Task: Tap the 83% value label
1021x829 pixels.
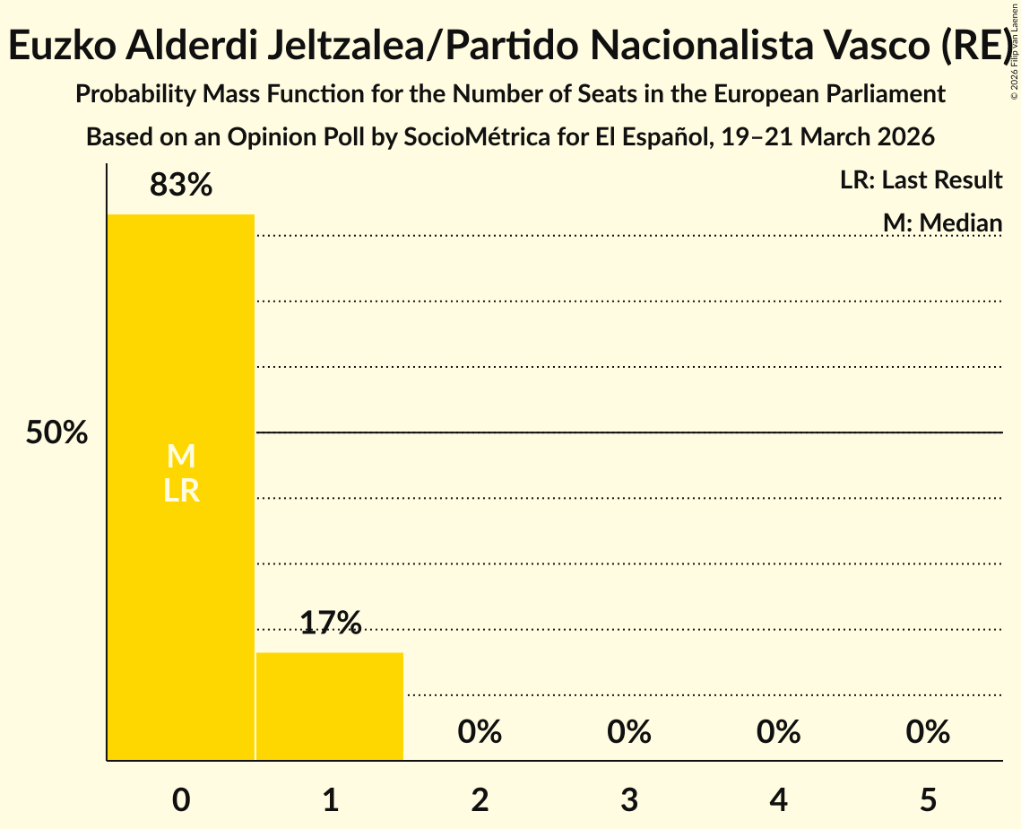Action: click(181, 186)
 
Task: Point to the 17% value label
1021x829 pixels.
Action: click(330, 623)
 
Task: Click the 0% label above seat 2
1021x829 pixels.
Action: click(480, 732)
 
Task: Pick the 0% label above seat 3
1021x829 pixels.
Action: click(629, 732)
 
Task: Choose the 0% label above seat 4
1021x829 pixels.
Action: click(778, 732)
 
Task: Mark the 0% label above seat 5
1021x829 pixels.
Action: click(928, 732)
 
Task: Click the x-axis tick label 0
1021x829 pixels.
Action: click(181, 800)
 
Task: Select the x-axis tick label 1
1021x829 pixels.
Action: click(330, 800)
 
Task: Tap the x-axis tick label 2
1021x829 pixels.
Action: click(480, 800)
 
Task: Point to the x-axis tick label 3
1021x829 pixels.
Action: click(629, 800)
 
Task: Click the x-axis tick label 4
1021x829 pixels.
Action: click(778, 800)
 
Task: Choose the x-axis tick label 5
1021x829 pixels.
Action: click(928, 800)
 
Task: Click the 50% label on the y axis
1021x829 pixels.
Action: click(56, 433)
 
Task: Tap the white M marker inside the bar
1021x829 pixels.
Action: click(181, 457)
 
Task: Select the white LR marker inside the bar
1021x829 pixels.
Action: click(181, 491)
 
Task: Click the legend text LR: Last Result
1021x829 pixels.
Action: click(921, 180)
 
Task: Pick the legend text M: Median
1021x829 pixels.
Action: click(942, 223)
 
